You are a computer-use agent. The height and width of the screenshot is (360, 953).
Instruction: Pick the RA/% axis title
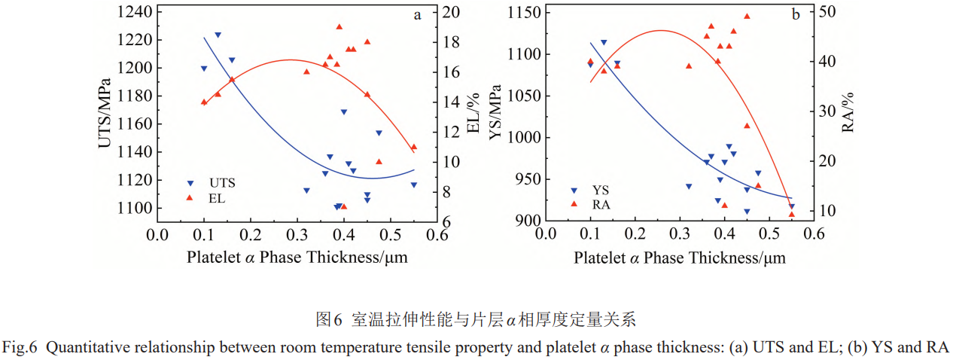tap(848, 113)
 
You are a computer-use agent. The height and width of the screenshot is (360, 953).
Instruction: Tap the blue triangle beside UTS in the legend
tap(190, 183)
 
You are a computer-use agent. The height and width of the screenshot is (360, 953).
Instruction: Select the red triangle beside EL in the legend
tap(190, 198)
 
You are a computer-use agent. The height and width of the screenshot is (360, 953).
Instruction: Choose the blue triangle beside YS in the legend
tap(574, 191)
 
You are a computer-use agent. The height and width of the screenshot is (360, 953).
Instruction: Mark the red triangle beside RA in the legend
tap(574, 204)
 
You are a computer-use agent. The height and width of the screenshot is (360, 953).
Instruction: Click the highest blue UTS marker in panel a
tap(218, 35)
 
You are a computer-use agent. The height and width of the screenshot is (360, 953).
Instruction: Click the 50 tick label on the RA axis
tap(826, 11)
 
